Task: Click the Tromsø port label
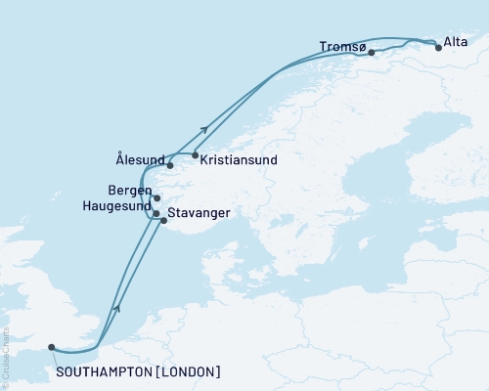(x=342, y=46)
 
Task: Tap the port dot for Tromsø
(x=372, y=53)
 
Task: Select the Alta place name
(x=455, y=41)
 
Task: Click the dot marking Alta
(x=438, y=46)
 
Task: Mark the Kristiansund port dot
(x=196, y=155)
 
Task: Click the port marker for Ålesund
(x=170, y=165)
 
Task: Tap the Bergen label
(x=131, y=190)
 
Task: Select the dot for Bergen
(x=156, y=197)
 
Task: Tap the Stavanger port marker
(x=164, y=221)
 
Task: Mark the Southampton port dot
(x=52, y=345)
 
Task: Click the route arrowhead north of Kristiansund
(x=204, y=128)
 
